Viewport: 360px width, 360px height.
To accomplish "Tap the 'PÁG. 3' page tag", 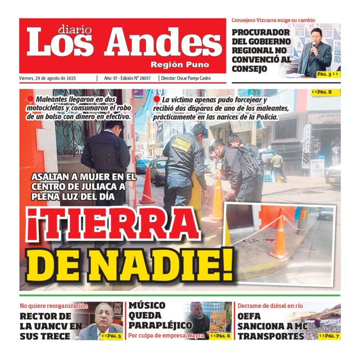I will (x=328, y=74).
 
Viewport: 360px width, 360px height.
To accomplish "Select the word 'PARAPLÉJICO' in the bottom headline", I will (x=160, y=325).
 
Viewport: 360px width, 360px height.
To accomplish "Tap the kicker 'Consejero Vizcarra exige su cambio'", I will (x=273, y=21).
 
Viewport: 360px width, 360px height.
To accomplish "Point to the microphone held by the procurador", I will (x=313, y=47).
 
